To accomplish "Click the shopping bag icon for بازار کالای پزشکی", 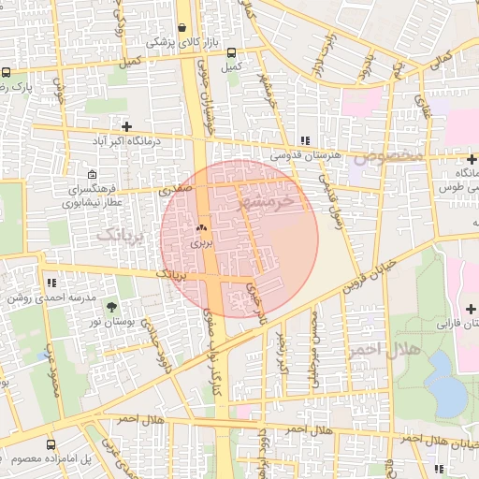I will coord(181,28).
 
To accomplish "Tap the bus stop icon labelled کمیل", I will coord(231,52).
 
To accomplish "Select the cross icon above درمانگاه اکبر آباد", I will coord(126,125).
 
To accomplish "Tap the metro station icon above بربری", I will coord(201,227).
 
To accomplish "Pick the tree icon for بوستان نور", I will coord(112,306).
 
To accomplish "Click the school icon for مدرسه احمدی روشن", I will coord(51,282).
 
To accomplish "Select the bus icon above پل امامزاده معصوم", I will coord(51,443).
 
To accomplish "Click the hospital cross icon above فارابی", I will coord(468,309).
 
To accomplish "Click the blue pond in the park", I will coord(447,396).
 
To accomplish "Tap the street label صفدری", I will coord(175,187).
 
